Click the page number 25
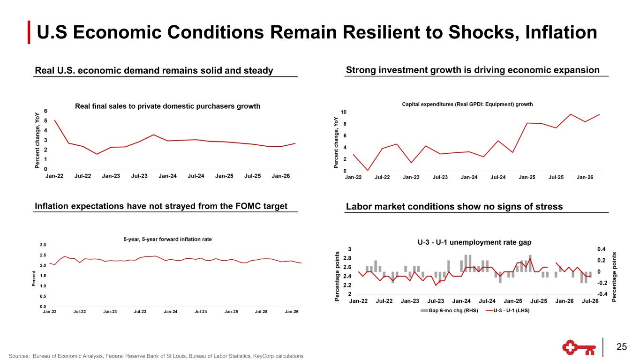click(622, 346)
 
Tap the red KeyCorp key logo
click(579, 347)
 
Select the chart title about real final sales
click(167, 106)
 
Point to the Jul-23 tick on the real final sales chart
click(139, 176)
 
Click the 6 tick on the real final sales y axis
click(45, 111)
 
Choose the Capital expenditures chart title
click(467, 104)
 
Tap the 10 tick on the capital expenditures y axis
click(343, 112)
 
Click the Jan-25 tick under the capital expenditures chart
click(527, 177)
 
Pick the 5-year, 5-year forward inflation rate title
click(167, 240)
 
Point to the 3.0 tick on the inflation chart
click(43, 245)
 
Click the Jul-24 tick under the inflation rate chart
click(201, 312)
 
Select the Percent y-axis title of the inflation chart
click(34, 278)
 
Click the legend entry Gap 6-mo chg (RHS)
click(449, 311)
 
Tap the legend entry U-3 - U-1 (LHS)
click(507, 311)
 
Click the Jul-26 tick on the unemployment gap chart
click(590, 301)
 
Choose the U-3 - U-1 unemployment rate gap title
click(474, 242)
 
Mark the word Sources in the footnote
click(19, 356)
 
